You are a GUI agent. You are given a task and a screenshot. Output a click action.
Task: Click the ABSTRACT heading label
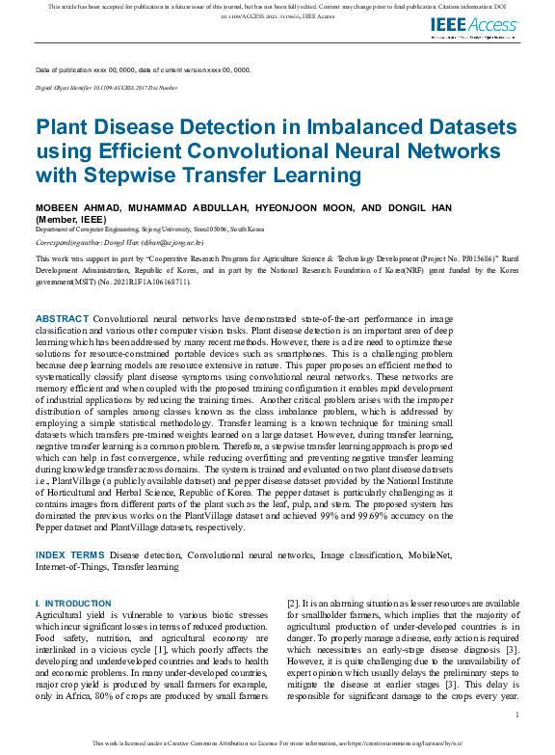pos(62,318)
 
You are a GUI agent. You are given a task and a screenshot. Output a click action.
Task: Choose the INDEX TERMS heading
pos(70,555)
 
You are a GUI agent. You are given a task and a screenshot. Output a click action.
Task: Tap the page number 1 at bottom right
pos(517,715)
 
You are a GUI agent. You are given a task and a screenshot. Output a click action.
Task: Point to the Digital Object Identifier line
pos(106,88)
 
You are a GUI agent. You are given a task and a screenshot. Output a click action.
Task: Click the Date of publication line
pos(143,70)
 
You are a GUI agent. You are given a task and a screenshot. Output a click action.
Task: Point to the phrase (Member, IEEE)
pos(65,219)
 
